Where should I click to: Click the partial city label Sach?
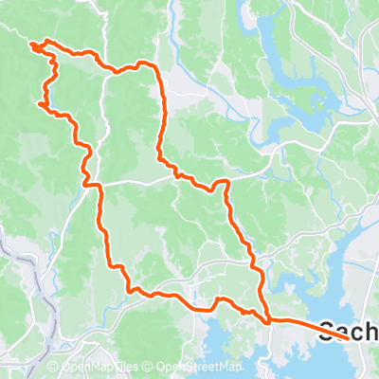pyautogui.click(x=349, y=331)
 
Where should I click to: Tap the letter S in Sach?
pyautogui.click(x=328, y=331)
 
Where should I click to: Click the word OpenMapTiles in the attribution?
pyautogui.click(x=99, y=367)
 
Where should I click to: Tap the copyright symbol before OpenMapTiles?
pyautogui.click(x=53, y=367)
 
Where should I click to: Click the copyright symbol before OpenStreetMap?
pyautogui.click(x=150, y=367)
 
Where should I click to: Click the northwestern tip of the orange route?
pyautogui.click(x=31, y=43)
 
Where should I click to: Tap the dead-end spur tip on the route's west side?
pyautogui.click(x=39, y=103)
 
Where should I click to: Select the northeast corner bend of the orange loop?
pyautogui.click(x=147, y=63)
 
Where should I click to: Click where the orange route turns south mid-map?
pyautogui.click(x=226, y=182)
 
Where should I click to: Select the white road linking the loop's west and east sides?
pyautogui.click(x=133, y=179)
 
